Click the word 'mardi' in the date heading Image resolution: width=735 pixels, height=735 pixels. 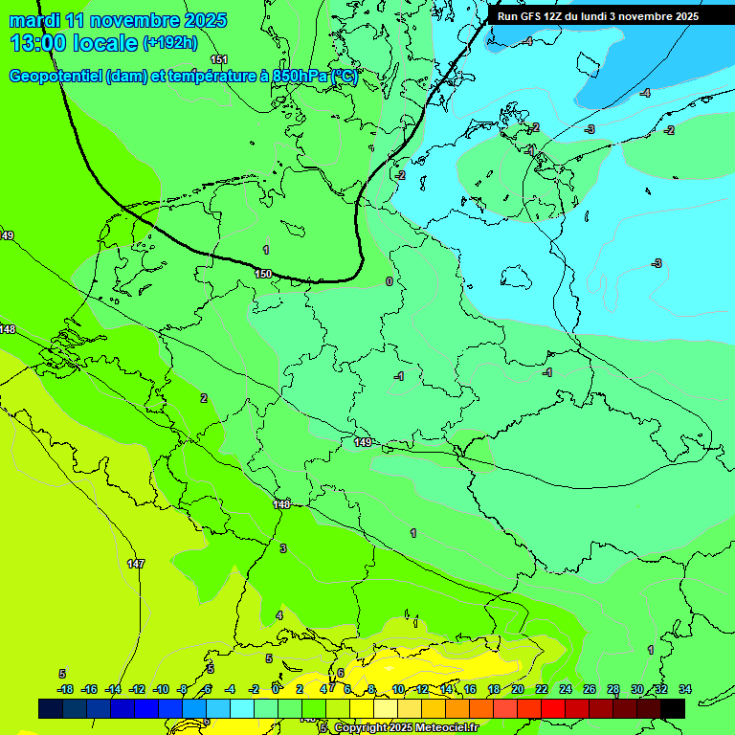point(34,20)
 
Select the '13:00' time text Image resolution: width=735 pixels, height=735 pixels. point(39,43)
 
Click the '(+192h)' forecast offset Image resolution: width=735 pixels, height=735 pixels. point(169,43)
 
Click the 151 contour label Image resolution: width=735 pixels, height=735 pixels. point(219,60)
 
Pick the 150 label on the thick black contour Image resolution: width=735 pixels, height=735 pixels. point(263,274)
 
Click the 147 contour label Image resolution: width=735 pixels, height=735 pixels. point(136,564)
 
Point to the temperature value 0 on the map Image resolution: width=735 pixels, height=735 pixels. point(389,281)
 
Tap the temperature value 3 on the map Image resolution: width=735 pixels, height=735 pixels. point(282,548)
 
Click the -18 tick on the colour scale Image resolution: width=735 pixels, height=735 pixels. point(64,689)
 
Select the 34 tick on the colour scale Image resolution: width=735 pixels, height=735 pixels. point(684,689)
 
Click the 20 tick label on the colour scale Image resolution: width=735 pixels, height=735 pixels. point(517,689)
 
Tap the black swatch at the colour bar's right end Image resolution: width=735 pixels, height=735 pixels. point(672,708)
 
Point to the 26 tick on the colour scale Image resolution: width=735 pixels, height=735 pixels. point(589,689)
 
